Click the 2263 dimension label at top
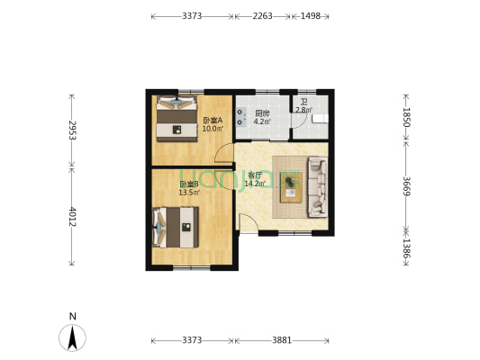[x=262, y=16]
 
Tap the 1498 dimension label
[x=311, y=16]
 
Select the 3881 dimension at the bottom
[x=282, y=340]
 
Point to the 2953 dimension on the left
[x=72, y=130]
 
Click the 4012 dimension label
[x=72, y=217]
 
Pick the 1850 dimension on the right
[x=406, y=117]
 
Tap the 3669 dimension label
[x=406, y=186]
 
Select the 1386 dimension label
[x=406, y=248]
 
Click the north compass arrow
[x=73, y=338]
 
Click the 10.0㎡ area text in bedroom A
[x=213, y=129]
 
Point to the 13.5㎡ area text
[x=189, y=193]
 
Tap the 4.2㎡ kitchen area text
[x=262, y=121]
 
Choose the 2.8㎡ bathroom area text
[x=304, y=110]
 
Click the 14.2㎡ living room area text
[x=255, y=184]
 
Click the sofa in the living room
[x=318, y=187]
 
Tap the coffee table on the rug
[x=291, y=187]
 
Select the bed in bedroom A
[x=177, y=119]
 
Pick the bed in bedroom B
[x=176, y=228]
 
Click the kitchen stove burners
[x=241, y=117]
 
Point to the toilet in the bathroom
[x=320, y=119]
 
